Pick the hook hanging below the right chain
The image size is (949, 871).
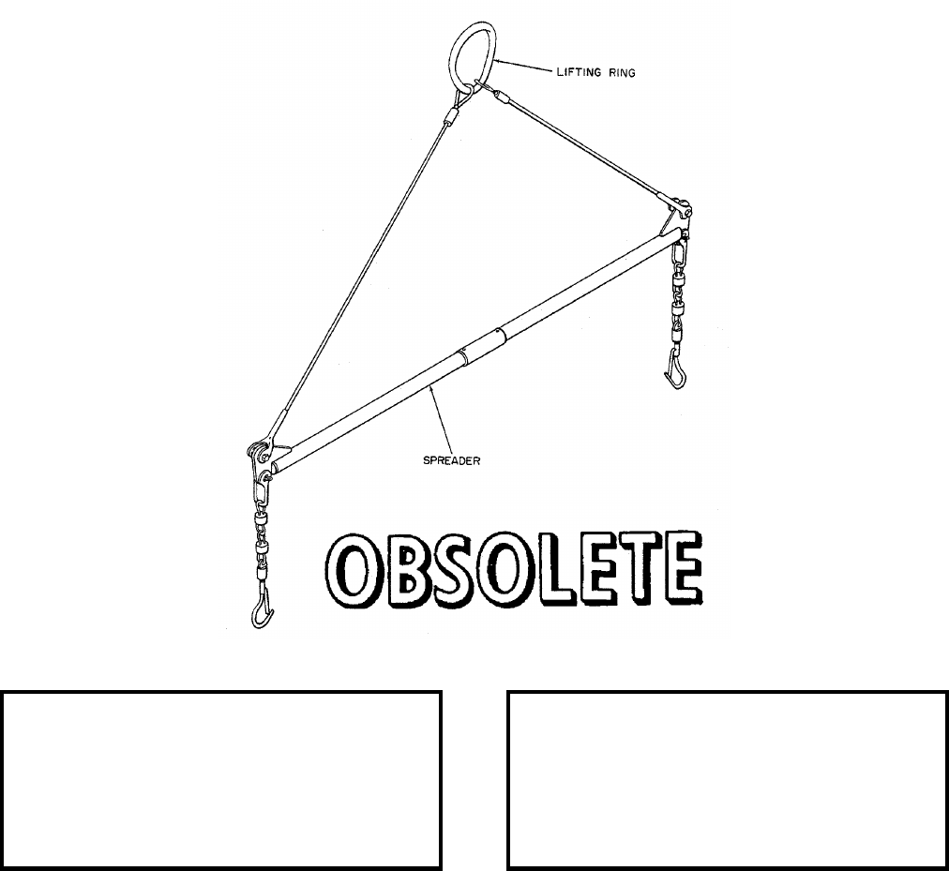[x=675, y=370]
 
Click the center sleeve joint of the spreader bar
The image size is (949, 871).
[x=479, y=344]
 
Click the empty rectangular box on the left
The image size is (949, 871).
[x=221, y=780]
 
